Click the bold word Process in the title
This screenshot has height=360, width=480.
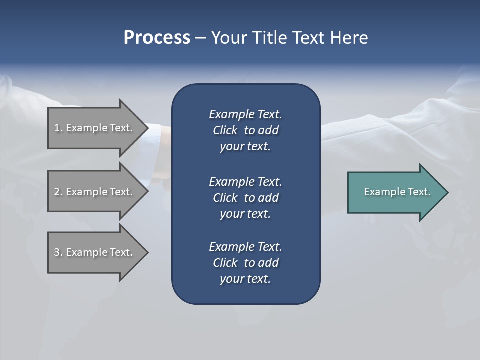click(x=157, y=38)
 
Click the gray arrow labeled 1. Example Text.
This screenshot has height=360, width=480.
click(x=95, y=128)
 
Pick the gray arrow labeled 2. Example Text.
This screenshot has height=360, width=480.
click(x=95, y=192)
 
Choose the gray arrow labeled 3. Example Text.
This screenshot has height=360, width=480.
click(x=95, y=252)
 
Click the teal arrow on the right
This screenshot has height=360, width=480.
click(x=395, y=192)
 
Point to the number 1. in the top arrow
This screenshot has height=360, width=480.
click(x=58, y=128)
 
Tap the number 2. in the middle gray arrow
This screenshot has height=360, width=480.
click(x=58, y=192)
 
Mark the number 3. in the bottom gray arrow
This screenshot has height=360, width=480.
click(x=58, y=252)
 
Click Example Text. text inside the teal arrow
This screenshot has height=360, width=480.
click(x=397, y=192)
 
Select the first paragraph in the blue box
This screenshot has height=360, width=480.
click(x=245, y=130)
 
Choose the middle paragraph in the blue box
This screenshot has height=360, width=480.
click(x=245, y=198)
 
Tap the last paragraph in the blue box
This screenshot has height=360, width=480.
click(x=245, y=263)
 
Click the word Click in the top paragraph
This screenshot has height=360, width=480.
click(x=225, y=130)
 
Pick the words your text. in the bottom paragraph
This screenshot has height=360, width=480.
click(x=245, y=279)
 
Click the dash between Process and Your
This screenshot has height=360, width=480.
click(x=201, y=38)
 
